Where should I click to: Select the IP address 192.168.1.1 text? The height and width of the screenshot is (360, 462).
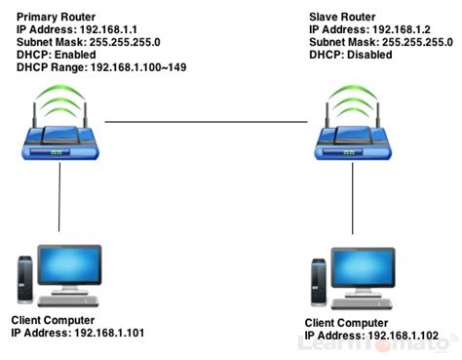tap(79, 30)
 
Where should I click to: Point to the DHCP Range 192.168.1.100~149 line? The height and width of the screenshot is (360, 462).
tap(101, 67)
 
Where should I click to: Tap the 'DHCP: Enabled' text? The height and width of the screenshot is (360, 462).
tap(57, 56)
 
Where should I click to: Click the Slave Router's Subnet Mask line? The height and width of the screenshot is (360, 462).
tap(381, 43)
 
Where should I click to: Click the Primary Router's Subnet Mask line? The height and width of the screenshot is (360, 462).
tap(92, 43)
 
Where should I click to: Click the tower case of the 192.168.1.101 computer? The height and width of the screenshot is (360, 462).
tap(25, 277)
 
